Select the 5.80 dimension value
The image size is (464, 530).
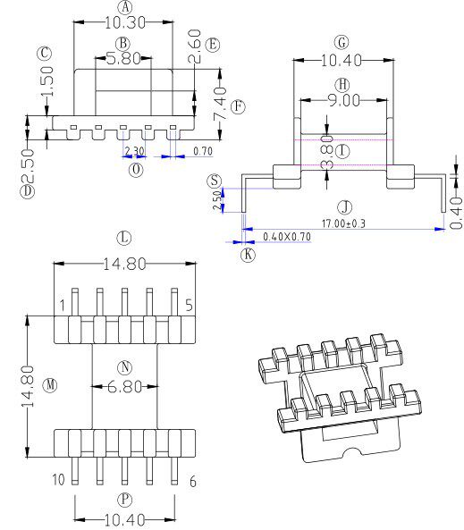pos(123,58)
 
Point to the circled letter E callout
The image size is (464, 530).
pos(212,44)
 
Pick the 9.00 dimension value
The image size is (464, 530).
pos(342,100)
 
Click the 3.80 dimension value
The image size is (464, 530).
pos(327,151)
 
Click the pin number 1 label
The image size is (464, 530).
pos(63,307)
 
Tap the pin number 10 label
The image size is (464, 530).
pos(58,480)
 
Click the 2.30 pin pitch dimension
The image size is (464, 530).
pos(135,151)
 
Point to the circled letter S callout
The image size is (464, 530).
pos(214,181)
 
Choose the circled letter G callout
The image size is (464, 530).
pos(342,42)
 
